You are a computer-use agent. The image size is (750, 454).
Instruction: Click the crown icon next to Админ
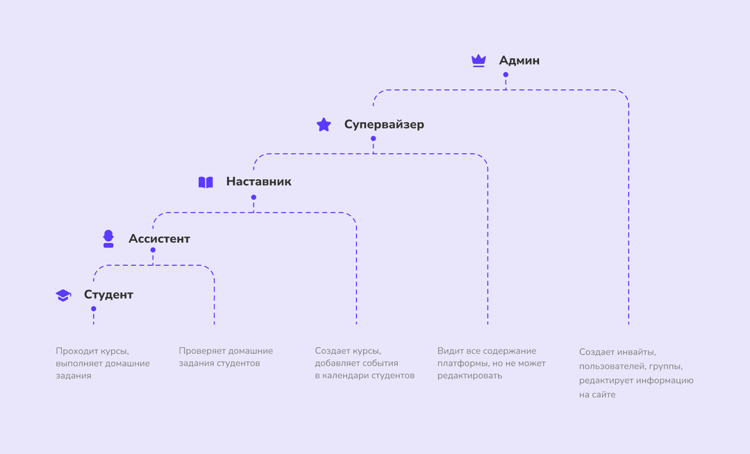478,60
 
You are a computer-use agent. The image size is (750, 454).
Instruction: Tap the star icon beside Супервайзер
324,125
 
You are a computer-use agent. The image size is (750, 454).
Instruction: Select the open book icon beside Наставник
206,182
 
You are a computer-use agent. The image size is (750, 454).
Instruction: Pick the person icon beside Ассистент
108,239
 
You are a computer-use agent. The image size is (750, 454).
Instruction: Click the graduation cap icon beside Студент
63,295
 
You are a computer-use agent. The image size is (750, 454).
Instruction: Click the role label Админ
519,60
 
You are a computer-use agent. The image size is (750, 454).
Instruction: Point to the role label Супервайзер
384,125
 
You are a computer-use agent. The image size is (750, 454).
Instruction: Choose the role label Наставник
259,182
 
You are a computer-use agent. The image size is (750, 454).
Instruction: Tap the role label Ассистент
159,239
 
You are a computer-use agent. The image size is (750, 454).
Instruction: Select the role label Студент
108,295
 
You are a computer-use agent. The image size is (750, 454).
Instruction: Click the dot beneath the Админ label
506,74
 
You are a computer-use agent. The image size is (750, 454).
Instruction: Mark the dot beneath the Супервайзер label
373,139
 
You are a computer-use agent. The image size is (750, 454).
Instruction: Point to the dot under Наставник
253,197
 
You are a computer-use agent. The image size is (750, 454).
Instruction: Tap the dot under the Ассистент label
153,250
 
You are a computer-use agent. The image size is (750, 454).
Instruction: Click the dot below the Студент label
94,309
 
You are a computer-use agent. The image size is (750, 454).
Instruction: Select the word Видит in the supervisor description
448,351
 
